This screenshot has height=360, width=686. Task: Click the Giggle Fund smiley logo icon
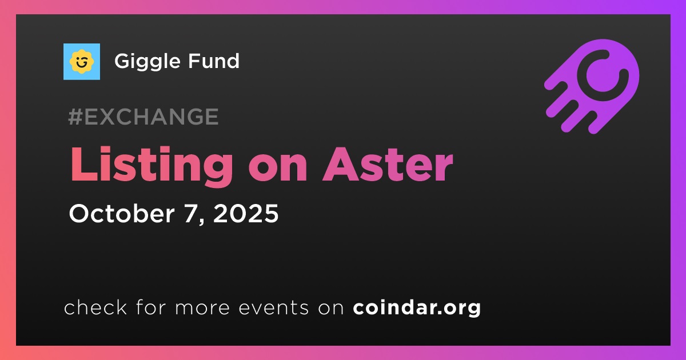click(82, 62)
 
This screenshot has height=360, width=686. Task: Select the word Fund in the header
click(213, 61)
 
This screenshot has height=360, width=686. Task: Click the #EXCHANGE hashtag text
click(143, 117)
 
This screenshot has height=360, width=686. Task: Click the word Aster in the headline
click(388, 165)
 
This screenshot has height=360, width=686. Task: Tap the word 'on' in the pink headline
click(278, 169)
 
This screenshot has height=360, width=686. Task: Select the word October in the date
click(122, 213)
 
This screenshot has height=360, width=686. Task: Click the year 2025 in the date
click(246, 213)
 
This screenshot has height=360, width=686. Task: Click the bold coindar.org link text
click(417, 308)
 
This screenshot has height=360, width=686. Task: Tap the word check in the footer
click(95, 307)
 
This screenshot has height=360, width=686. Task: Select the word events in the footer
click(273, 308)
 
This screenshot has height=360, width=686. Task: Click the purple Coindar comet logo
click(592, 87)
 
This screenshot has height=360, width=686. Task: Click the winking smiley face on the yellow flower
click(81, 62)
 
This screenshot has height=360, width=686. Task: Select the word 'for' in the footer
click(151, 307)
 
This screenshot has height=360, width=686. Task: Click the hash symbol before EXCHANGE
click(75, 117)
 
